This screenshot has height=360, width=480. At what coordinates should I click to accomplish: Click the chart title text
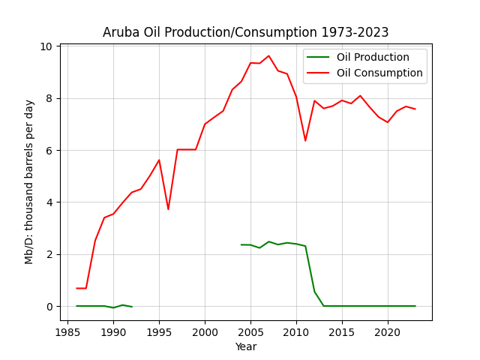click(x=245, y=32)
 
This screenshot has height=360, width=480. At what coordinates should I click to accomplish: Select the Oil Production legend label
click(x=373, y=57)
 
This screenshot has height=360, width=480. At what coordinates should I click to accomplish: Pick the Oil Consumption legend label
click(x=379, y=73)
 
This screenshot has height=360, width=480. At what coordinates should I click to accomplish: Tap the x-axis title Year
click(x=246, y=346)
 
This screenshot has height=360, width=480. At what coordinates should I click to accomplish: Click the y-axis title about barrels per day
click(x=28, y=182)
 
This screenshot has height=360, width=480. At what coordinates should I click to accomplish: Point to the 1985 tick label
click(x=67, y=332)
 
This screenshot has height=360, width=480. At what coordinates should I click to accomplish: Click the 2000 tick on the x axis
click(x=205, y=332)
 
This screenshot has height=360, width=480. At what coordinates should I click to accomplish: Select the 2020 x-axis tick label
click(x=388, y=332)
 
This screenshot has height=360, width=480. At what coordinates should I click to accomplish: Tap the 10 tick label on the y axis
click(x=46, y=46)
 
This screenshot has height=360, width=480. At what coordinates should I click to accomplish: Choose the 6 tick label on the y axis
click(x=49, y=151)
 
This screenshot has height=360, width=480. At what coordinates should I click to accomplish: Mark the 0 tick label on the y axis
click(x=49, y=307)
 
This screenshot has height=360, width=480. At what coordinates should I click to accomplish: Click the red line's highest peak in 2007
click(x=268, y=55)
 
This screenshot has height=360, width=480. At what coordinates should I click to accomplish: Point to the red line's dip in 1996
click(x=168, y=209)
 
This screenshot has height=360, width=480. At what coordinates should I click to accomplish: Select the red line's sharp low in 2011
click(x=305, y=141)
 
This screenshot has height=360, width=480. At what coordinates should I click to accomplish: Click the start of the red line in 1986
click(x=76, y=288)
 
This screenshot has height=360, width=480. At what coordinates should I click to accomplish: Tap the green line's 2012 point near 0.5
click(x=315, y=292)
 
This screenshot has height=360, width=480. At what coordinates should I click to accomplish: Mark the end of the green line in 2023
click(x=415, y=306)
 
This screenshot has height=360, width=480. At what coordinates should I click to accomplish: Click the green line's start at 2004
click(x=241, y=244)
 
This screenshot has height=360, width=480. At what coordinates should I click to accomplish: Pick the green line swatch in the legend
click(x=318, y=57)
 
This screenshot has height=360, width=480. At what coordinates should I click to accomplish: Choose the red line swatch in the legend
click(x=318, y=73)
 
